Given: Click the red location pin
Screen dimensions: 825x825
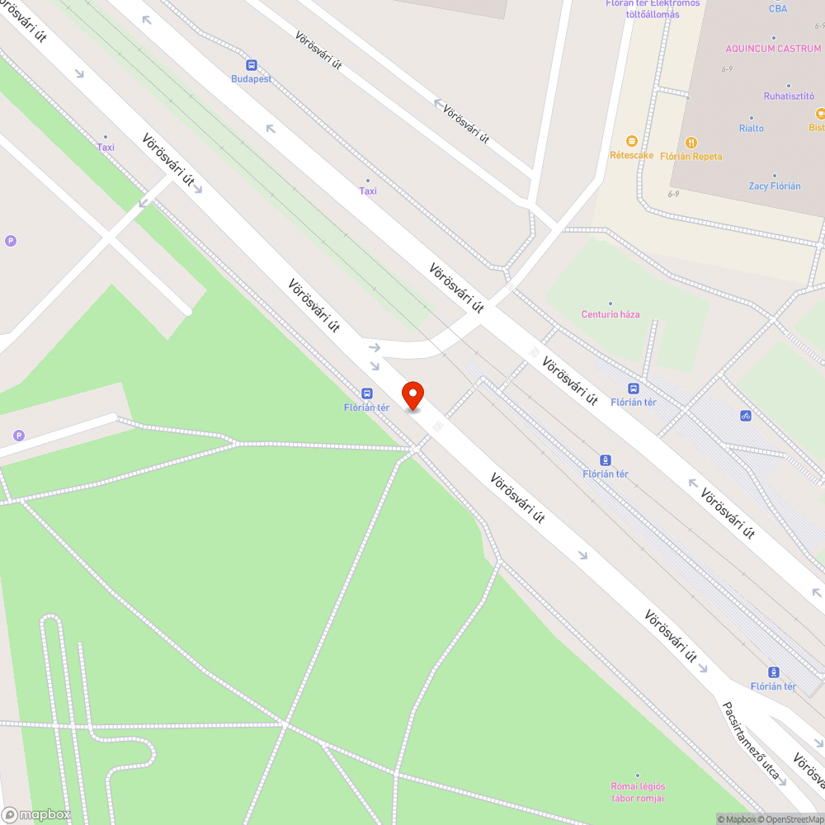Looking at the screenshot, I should (x=412, y=395).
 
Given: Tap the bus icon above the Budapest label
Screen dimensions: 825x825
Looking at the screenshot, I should (x=251, y=64).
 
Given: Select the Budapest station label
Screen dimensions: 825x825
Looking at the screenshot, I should (x=252, y=79).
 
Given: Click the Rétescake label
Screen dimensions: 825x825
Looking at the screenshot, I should (x=631, y=155).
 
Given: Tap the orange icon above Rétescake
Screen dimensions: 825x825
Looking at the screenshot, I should (x=632, y=141).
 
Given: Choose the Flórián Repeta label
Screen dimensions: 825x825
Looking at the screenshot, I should (x=691, y=156).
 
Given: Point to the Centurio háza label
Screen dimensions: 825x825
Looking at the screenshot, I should (x=610, y=314).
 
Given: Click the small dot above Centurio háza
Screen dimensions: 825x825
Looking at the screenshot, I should (x=610, y=303).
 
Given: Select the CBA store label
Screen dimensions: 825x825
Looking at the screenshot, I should (x=778, y=9).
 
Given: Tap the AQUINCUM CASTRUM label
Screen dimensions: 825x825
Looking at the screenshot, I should (x=773, y=49).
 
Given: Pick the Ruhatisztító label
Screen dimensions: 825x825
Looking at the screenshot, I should (x=789, y=96).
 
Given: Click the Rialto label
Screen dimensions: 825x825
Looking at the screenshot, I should (x=752, y=128).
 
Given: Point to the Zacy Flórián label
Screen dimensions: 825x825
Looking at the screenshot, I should (x=775, y=186).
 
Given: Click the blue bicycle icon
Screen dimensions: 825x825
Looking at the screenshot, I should (x=746, y=416).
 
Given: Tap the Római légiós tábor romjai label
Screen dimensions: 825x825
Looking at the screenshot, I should (x=638, y=792).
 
